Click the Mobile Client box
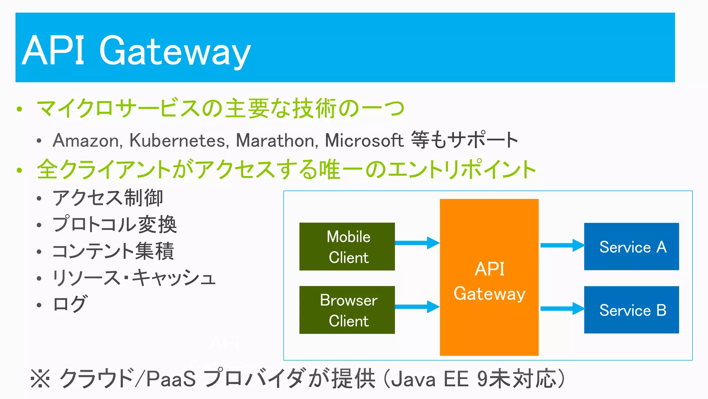pos(347,247)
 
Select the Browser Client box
pos(347,310)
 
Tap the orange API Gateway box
pos(489,277)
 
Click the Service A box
pos(632,247)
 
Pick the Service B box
pos(632,310)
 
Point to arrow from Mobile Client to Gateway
pos(417,243)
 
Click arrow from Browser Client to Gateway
pos(417,307)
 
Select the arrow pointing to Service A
pos(562,245)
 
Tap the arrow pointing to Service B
pos(562,309)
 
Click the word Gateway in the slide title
pos(175,51)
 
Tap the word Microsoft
pos(364,141)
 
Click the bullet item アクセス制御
pos(108,198)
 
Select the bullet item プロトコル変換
pos(114,224)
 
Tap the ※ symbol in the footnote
pos(40,379)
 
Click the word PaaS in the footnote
pos(171,379)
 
